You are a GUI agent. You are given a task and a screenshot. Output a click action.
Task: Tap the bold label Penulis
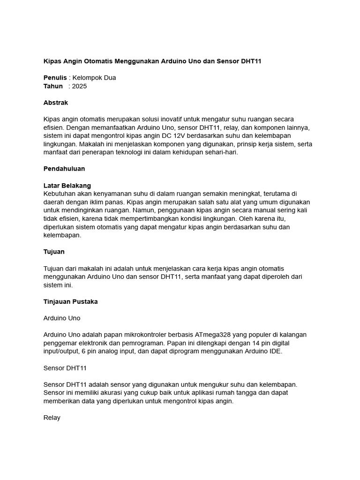click(x=55, y=78)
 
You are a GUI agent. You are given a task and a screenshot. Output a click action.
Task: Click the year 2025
click(x=79, y=86)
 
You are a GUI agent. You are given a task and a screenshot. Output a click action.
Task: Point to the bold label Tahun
click(x=53, y=86)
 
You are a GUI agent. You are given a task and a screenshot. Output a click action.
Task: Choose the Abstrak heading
click(x=56, y=103)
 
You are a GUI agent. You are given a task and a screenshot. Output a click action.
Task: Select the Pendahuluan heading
click(x=64, y=169)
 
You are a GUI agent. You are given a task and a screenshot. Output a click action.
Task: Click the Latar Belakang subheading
click(x=67, y=186)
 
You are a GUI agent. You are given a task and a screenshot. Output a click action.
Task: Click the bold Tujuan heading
click(x=54, y=252)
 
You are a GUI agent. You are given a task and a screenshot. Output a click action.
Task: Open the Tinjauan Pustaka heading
click(x=70, y=302)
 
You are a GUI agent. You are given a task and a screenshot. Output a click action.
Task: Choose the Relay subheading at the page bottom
click(x=52, y=418)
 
